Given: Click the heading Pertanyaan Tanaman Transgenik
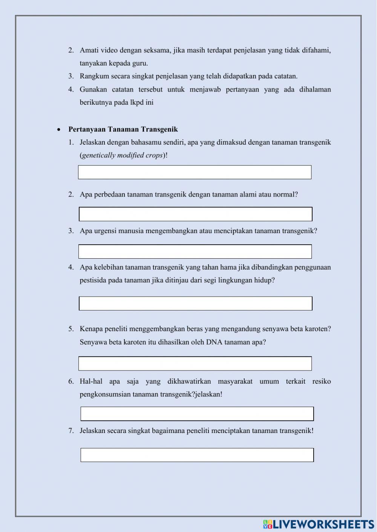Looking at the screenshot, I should (123, 130).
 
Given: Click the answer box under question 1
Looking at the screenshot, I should (195, 172).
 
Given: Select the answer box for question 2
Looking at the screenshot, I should (195, 214).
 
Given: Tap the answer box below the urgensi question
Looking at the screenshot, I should (195, 252).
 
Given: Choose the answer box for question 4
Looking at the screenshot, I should (195, 303).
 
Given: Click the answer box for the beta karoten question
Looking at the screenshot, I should (195, 364).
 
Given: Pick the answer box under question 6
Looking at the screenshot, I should (197, 414).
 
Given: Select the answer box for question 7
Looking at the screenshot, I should (197, 455).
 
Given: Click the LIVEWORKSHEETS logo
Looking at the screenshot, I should (319, 524).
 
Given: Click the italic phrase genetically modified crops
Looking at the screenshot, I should (123, 155).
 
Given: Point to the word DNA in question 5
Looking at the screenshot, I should (214, 342).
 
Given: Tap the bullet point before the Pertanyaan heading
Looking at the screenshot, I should (58, 130).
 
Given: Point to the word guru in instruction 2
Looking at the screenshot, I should (139, 63).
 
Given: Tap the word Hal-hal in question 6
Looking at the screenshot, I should (91, 381).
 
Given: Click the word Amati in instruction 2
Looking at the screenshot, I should (89, 50).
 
